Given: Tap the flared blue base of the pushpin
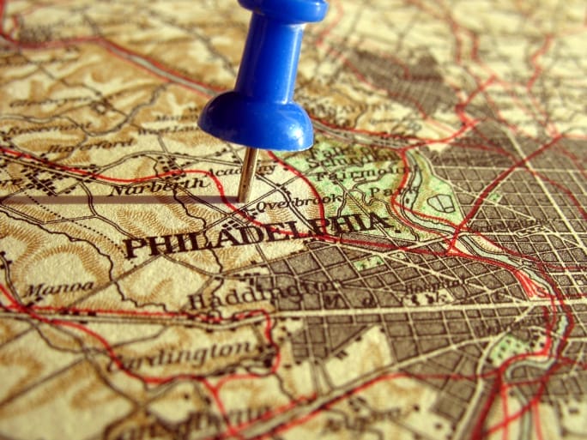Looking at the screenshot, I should [257, 125].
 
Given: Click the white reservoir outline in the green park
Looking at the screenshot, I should [441, 204].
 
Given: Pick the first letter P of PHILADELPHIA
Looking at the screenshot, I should [132, 248].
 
